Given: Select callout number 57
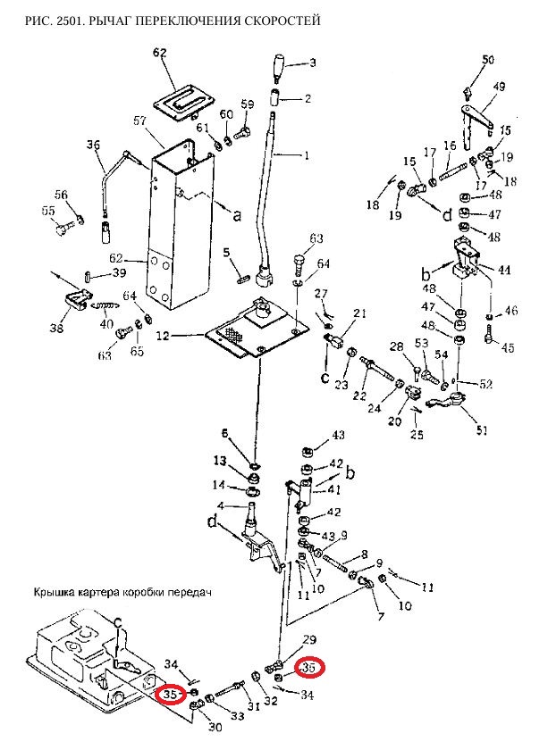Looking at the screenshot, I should point(139,120).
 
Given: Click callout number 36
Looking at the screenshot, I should point(92,146).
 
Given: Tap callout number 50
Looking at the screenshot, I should point(488,60).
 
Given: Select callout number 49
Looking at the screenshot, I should point(499,87).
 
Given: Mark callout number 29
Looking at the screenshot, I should point(309,640).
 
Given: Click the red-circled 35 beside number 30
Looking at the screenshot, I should point(172,694).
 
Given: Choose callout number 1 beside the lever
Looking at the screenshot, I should point(307,155).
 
